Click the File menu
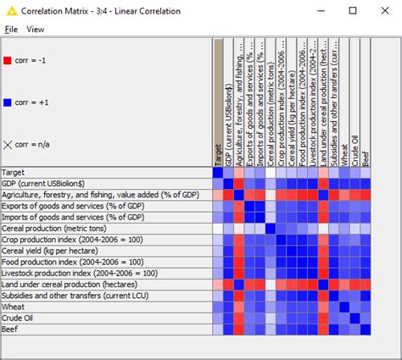click(11, 29)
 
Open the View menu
click(36, 29)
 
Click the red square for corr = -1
click(7, 61)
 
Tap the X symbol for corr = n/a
click(8, 146)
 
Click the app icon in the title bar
click(9, 10)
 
